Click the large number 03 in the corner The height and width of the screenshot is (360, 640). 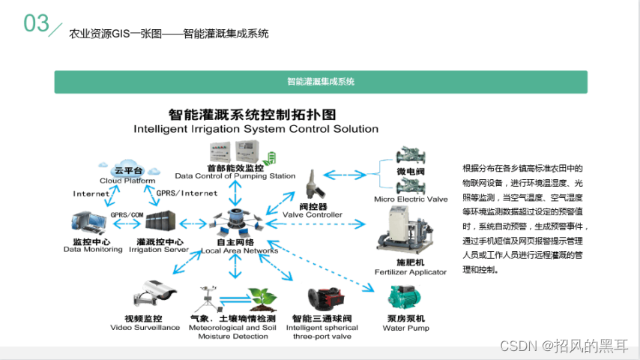click(36, 23)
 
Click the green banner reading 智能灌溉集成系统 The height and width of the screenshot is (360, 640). click(320, 82)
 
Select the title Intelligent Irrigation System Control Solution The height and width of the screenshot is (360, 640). click(256, 128)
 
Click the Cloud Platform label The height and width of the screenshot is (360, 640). click(127, 181)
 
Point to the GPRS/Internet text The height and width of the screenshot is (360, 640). click(187, 193)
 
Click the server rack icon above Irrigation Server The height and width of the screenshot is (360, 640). click(161, 222)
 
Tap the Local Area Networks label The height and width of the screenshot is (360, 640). click(239, 250)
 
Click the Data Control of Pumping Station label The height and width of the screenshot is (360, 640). click(235, 176)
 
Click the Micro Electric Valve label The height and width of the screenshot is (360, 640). click(411, 199)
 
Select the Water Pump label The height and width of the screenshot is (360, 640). click(408, 328)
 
